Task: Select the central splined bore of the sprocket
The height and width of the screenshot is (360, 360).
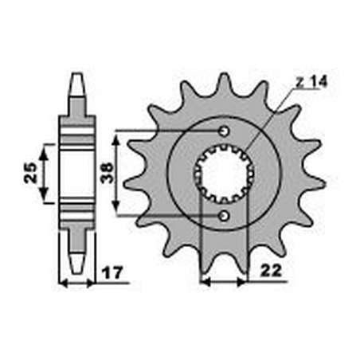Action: (x=224, y=173)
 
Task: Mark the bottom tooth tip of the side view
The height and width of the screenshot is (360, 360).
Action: (x=76, y=265)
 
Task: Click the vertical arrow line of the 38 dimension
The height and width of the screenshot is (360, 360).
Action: (x=118, y=173)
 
